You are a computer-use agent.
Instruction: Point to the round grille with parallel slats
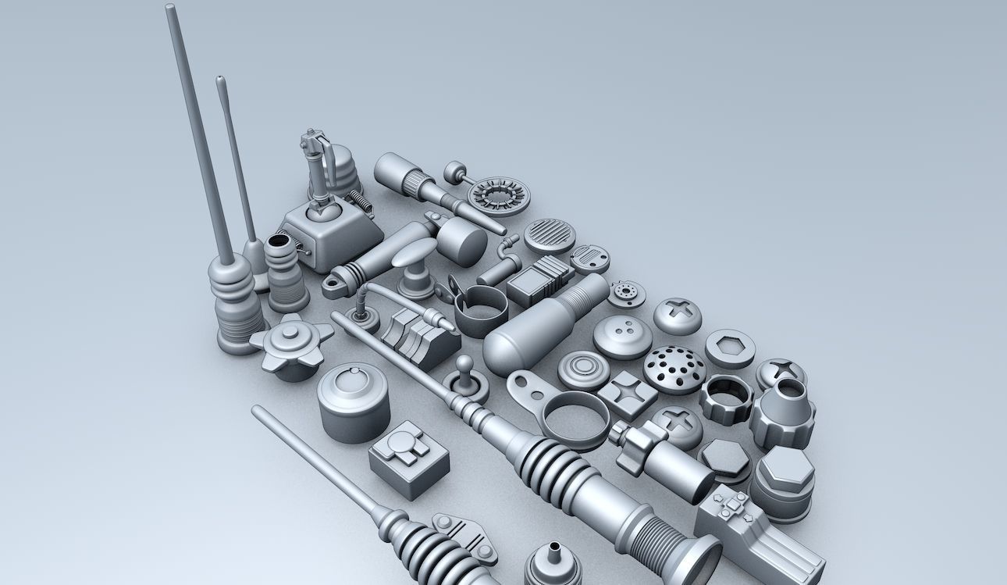(550, 234)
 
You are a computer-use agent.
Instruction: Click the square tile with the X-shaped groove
(627, 393)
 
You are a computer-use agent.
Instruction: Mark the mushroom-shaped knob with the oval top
(414, 251)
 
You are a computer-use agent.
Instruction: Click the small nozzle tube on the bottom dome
(553, 551)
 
